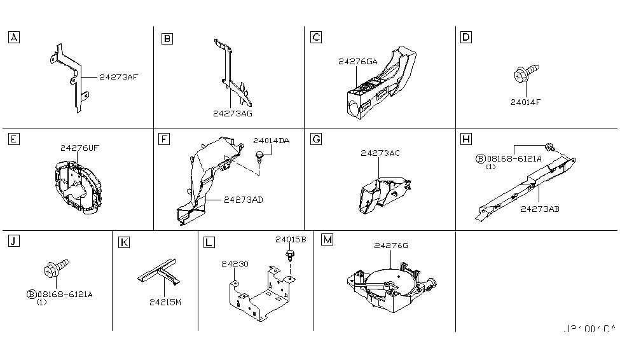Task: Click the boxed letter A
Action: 13,38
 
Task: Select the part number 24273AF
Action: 118,77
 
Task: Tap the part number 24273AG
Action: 233,113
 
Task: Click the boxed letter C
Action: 315,38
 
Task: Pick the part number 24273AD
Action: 243,200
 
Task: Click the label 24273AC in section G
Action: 380,153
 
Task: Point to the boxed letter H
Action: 466,139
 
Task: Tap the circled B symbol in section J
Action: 31,294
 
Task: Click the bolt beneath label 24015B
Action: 290,256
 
